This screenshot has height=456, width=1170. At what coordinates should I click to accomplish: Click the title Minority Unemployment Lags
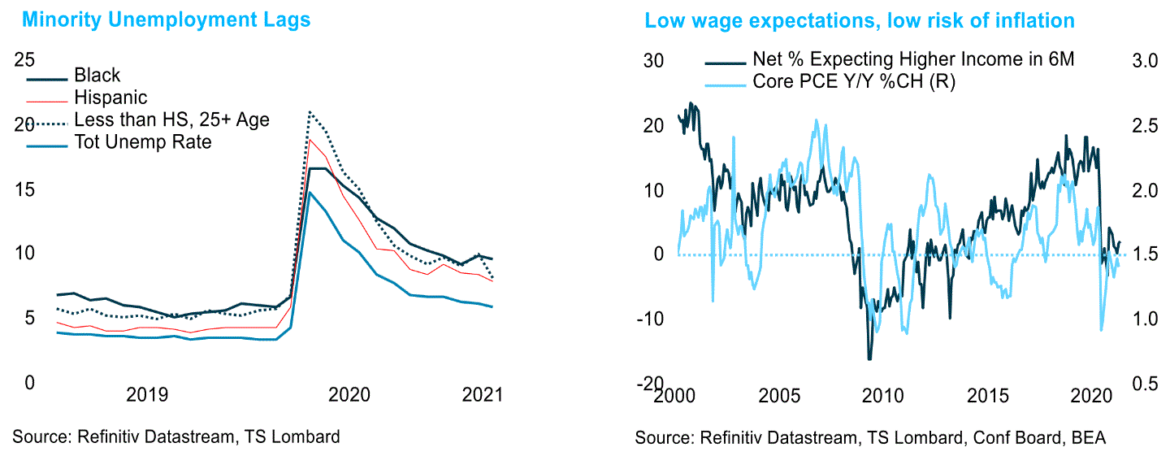click(166, 20)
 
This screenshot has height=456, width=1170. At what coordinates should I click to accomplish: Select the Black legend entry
click(97, 76)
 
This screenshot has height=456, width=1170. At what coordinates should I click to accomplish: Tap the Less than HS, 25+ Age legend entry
click(171, 119)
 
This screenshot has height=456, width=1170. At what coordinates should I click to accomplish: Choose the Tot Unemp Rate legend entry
click(142, 141)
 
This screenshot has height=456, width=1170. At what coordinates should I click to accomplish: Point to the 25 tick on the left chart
click(26, 60)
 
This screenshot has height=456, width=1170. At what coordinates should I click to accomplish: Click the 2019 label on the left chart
click(147, 396)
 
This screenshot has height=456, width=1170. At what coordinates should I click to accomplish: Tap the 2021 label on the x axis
click(483, 396)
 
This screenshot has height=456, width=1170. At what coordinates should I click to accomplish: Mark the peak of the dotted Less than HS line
click(310, 112)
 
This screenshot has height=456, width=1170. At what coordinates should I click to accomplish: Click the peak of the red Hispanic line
click(310, 140)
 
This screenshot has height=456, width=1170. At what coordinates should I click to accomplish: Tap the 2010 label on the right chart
click(882, 396)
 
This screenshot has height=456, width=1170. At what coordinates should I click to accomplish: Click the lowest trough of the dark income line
click(869, 358)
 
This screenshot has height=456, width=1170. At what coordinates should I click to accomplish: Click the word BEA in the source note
click(1089, 438)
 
